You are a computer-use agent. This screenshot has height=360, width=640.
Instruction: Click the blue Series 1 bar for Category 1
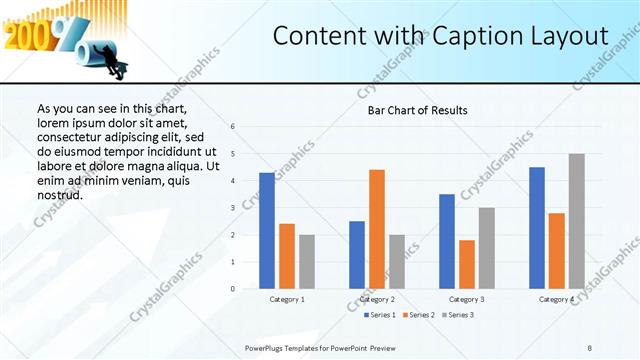point(266,231)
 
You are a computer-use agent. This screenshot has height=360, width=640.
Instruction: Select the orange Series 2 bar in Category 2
point(376,229)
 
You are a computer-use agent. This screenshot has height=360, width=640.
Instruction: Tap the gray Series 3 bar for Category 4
point(576,221)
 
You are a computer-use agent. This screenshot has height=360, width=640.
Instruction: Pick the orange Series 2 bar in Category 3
point(466,264)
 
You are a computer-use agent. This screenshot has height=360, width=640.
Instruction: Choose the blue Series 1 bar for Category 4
point(537,228)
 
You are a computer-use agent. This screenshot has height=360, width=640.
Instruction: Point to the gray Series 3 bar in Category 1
point(306,262)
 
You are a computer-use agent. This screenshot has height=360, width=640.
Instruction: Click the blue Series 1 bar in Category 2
point(357,255)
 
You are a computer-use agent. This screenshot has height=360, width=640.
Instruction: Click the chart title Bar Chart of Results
point(411,110)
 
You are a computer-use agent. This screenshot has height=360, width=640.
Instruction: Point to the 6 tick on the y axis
point(232,127)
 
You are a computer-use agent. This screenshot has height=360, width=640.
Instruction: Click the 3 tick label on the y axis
point(232,208)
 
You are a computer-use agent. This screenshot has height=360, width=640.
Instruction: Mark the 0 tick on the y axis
point(232,289)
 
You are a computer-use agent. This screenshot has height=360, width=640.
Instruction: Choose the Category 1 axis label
point(287,299)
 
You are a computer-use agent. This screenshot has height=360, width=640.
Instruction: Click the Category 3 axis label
point(466,299)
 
